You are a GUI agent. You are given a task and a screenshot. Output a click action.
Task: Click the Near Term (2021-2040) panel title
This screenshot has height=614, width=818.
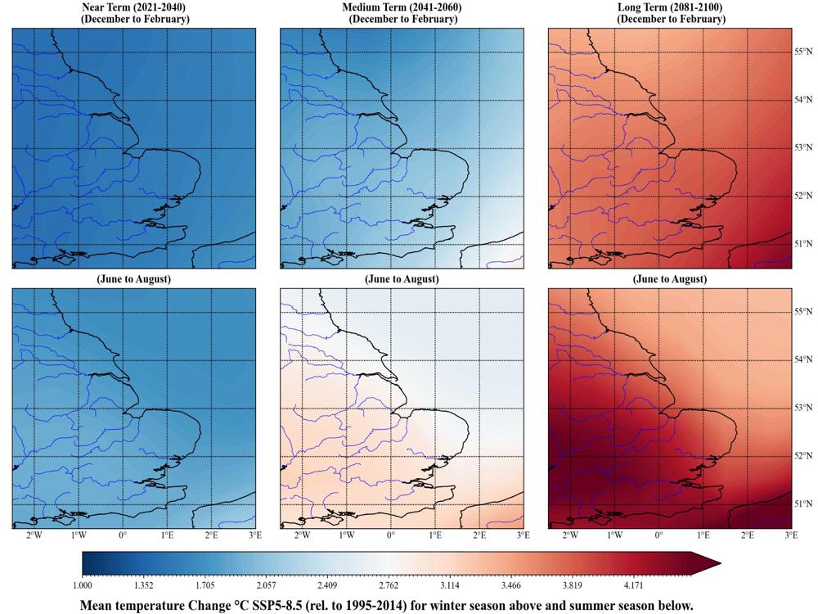click(x=133, y=8)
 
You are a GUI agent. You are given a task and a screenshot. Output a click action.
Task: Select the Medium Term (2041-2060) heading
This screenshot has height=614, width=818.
click(x=402, y=8)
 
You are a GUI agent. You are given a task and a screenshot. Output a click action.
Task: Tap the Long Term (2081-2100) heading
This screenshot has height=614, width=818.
click(x=670, y=8)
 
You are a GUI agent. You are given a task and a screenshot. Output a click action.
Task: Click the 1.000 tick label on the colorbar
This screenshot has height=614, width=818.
click(x=83, y=586)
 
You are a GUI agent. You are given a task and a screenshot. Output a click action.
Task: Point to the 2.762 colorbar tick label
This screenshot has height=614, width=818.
click(x=389, y=586)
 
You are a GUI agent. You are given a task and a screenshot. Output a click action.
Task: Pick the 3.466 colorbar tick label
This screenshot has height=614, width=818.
click(x=511, y=586)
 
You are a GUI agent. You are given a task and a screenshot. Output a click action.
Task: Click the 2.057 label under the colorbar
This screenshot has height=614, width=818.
click(x=266, y=586)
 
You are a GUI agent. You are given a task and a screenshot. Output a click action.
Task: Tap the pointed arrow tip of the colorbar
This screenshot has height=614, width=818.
click(x=721, y=563)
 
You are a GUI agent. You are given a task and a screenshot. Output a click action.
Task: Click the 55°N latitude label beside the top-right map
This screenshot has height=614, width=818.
click(x=804, y=52)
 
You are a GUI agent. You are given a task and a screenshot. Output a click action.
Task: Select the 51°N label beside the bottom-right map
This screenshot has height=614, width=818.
click(x=804, y=503)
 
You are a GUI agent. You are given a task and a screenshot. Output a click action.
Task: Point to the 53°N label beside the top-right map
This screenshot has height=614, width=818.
click(x=804, y=147)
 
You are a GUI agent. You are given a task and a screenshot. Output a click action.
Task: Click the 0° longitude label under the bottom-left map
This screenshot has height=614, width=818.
click(x=123, y=535)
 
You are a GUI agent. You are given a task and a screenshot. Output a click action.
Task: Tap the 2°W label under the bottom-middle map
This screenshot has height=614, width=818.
click(x=302, y=535)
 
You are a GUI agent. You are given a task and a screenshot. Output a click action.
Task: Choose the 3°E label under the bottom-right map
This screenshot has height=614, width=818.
click(x=791, y=535)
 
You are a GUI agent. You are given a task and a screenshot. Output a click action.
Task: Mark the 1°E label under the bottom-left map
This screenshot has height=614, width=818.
click(x=167, y=535)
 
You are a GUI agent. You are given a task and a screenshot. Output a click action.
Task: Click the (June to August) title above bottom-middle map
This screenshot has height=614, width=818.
click(x=402, y=279)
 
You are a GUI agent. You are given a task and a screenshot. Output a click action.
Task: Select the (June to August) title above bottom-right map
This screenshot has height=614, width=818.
click(x=670, y=279)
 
